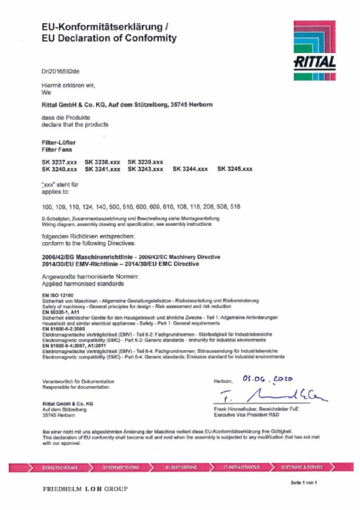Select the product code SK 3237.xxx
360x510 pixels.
pyautogui.click(x=60, y=162)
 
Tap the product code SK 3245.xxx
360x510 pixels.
pyautogui.click(x=235, y=169)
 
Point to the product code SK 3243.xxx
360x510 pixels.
pyautogui.click(x=146, y=169)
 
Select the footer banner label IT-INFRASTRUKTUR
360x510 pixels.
pyautogui.click(x=242, y=467)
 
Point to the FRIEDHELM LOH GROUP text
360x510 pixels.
pyautogui.click(x=85, y=489)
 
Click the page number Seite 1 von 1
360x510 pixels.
pyautogui.click(x=304, y=483)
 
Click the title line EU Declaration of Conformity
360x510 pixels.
pyautogui.click(x=109, y=38)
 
